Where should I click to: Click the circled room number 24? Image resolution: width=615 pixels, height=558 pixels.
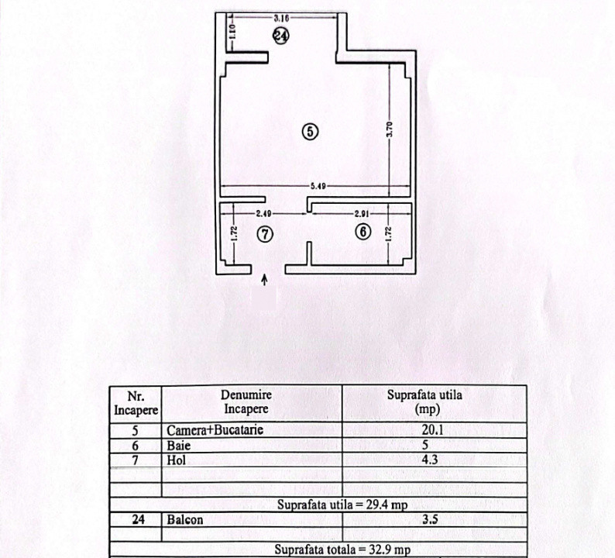tap(281, 35)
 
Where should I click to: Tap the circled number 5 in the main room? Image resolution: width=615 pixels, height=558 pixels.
tap(309, 131)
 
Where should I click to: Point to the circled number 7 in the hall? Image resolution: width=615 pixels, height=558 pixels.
tap(265, 233)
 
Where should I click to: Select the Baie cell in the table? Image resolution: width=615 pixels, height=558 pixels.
tap(175, 446)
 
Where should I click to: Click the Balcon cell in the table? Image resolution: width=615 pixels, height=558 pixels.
tap(184, 520)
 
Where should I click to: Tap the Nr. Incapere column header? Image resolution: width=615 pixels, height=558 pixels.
tap(136, 401)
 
